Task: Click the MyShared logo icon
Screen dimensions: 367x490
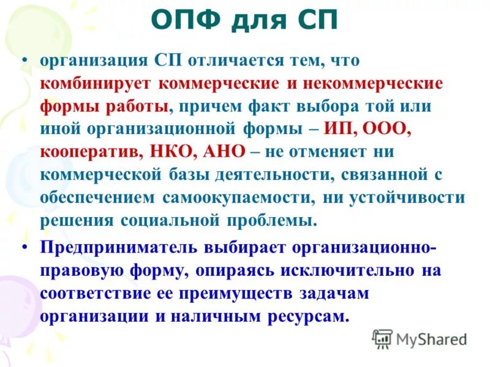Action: point(382,338)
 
